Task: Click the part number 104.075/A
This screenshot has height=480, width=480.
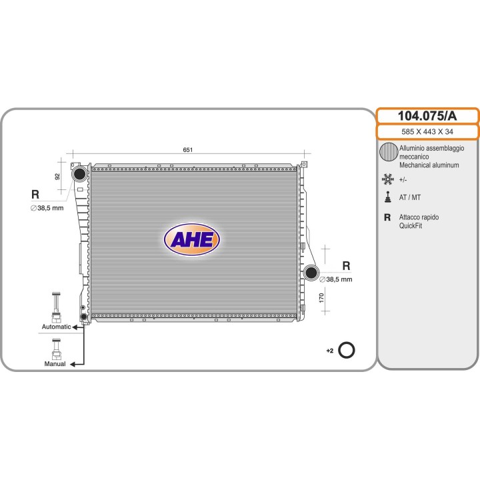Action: (x=427, y=116)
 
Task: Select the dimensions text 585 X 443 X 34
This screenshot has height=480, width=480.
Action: (x=427, y=131)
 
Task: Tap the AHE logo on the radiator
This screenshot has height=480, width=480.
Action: (x=192, y=239)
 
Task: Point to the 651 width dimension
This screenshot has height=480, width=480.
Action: (x=187, y=150)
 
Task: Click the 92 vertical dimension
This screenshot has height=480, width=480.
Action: (x=57, y=177)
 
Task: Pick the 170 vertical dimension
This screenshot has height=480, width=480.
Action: (x=321, y=298)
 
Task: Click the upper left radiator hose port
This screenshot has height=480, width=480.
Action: (x=79, y=174)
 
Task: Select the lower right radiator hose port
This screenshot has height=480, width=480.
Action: (x=311, y=273)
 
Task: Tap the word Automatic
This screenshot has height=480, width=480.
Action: (x=56, y=327)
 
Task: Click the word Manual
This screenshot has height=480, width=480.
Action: (x=55, y=364)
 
